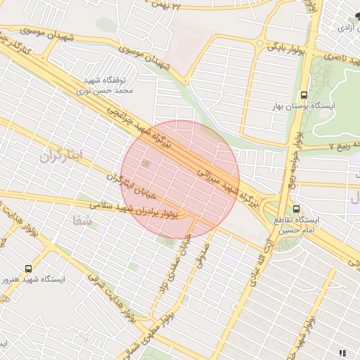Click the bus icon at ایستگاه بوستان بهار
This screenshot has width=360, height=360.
coord(304,95)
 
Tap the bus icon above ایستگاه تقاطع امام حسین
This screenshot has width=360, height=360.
coord(296,208)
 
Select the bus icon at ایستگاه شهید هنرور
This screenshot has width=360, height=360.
coord(28,268)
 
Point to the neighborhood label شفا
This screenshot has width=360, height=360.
coord(82,221)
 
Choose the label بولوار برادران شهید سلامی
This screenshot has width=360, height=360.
coord(150,209)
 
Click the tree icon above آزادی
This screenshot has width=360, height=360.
coord(349,16)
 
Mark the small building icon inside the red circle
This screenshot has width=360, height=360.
coord(146,164)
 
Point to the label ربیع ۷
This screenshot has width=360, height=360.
coord(342,146)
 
